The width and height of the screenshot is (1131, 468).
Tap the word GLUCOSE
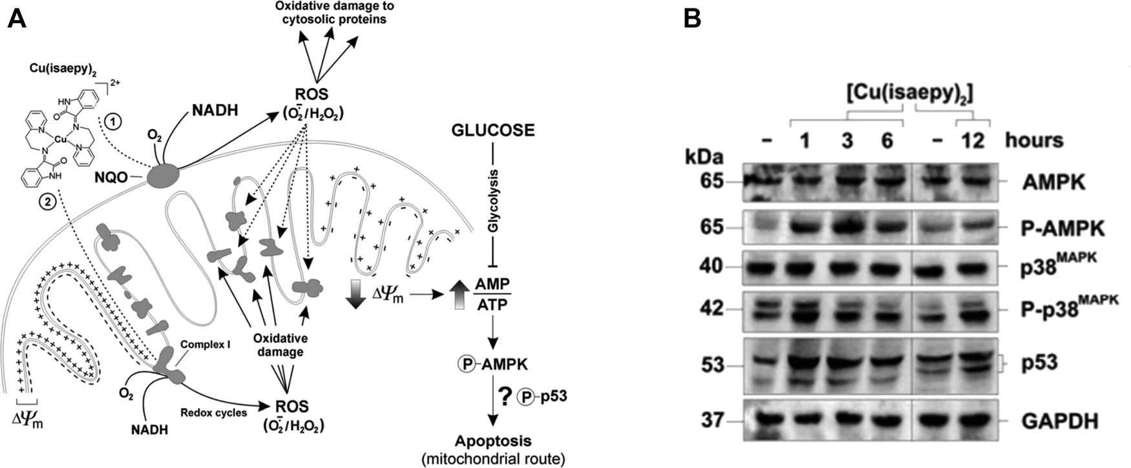[493, 130]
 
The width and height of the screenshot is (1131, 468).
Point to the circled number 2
[47, 201]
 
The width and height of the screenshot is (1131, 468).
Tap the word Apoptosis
[493, 442]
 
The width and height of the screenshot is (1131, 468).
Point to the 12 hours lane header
[972, 140]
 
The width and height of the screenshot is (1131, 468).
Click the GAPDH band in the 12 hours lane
[973, 421]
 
